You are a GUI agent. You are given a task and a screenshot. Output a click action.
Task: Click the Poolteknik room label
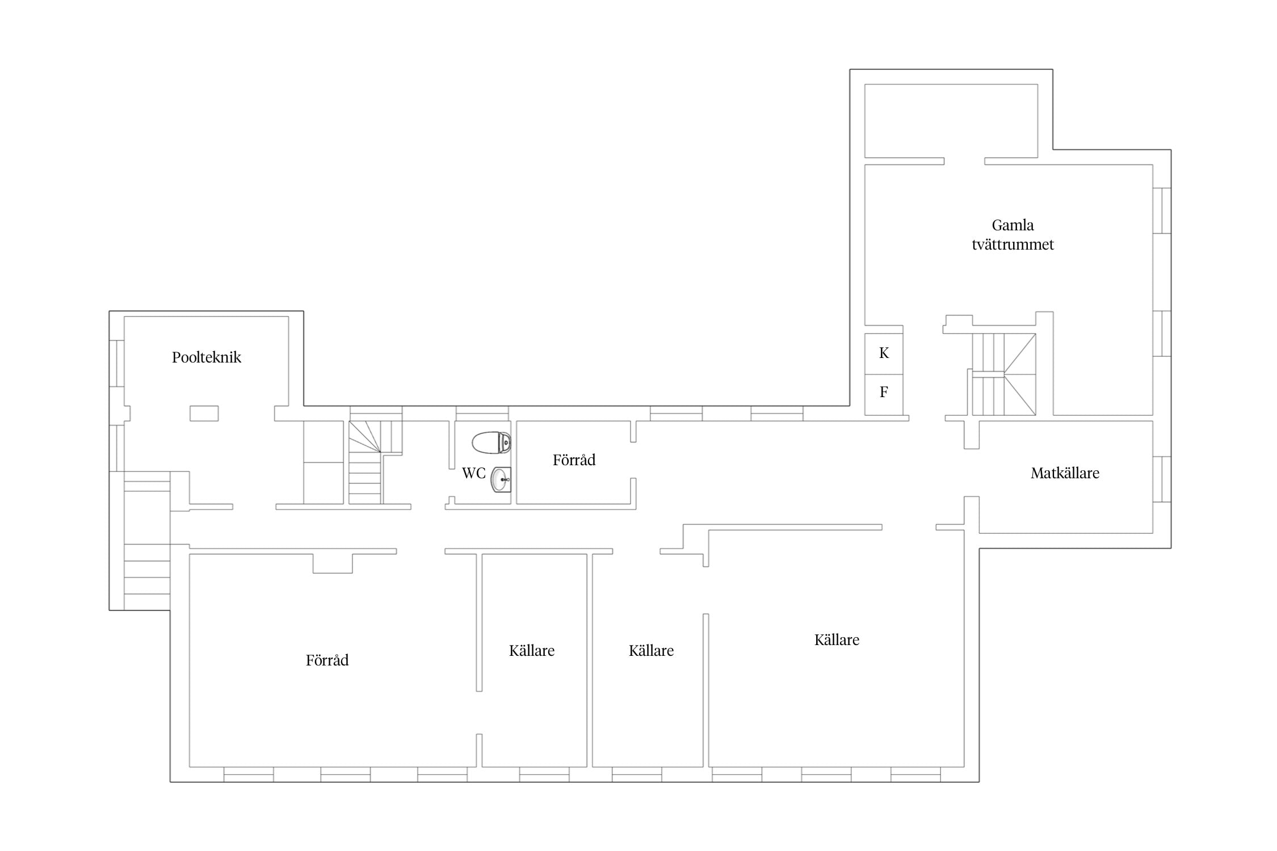pyautogui.click(x=207, y=357)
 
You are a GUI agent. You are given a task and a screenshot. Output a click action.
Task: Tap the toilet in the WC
pyautogui.click(x=492, y=443)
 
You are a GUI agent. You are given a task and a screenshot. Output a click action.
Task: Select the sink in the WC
pyautogui.click(x=501, y=479)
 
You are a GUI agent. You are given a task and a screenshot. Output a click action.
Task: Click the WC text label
pyautogui.click(x=474, y=473)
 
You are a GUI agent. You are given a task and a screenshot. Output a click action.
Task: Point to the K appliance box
pyautogui.click(x=884, y=353)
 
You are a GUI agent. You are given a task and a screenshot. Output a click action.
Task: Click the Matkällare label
pyautogui.click(x=1065, y=473)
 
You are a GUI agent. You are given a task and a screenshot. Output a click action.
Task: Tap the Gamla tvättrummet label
pyautogui.click(x=1013, y=235)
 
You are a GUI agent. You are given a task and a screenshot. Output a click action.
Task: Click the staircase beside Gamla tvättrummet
pyautogui.click(x=1004, y=374)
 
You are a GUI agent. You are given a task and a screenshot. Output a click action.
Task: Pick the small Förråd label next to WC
pyautogui.click(x=574, y=460)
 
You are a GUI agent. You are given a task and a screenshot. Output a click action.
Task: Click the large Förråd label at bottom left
pyautogui.click(x=327, y=660)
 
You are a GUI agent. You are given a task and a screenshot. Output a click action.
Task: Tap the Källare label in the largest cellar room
pyautogui.click(x=837, y=640)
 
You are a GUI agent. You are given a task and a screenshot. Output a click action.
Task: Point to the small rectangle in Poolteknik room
pyautogui.click(x=204, y=413)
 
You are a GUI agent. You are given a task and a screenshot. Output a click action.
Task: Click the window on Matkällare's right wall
pyautogui.click(x=1162, y=479)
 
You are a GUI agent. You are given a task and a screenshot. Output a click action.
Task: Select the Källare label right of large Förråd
pyautogui.click(x=532, y=651)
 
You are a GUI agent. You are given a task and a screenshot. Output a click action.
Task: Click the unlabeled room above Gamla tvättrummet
pyautogui.click(x=951, y=121)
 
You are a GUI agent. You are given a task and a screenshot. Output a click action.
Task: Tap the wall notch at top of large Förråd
pyautogui.click(x=333, y=563)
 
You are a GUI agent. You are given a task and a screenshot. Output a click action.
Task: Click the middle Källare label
pyautogui.click(x=651, y=651)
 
